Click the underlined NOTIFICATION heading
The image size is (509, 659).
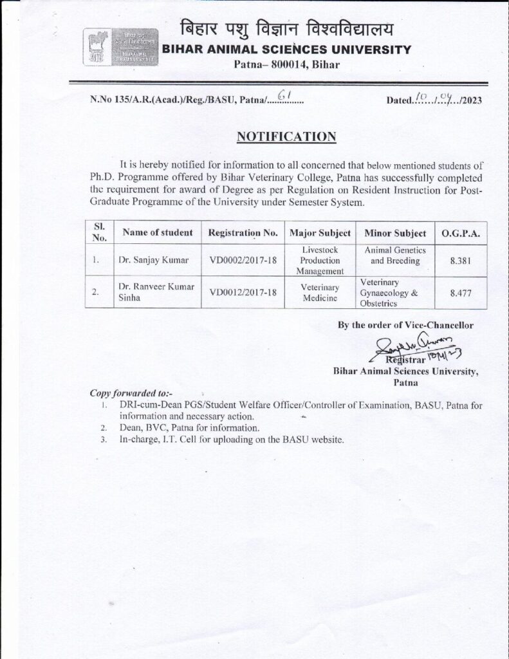[286, 136]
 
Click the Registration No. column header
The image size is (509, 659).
[243, 232]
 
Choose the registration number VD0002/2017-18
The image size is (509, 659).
[243, 261]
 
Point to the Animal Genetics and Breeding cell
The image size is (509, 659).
[395, 255]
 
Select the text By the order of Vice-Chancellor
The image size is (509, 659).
[405, 325]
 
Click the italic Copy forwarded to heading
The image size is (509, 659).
[131, 392]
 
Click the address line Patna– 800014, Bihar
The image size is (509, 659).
[286, 64]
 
